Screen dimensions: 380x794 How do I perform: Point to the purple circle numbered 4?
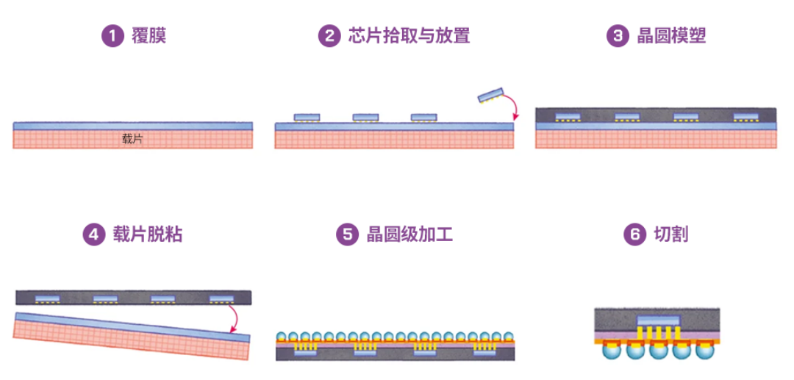93,234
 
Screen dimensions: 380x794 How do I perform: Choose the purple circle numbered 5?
346,234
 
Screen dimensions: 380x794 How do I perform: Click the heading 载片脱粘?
148,234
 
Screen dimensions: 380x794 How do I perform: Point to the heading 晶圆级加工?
409,234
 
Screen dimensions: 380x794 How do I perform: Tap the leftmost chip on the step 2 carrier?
307,118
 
